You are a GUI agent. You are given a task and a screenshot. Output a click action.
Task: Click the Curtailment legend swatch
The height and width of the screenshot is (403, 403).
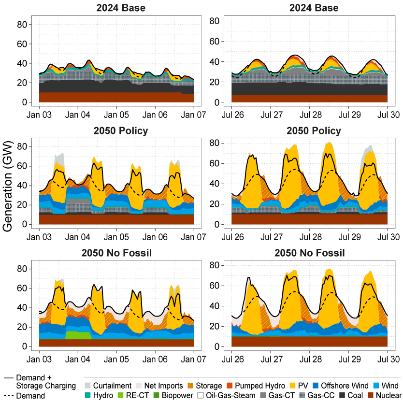pyautogui.click(x=87, y=386)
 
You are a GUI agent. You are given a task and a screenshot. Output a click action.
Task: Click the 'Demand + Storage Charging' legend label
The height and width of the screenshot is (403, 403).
pyautogui.click(x=45, y=381)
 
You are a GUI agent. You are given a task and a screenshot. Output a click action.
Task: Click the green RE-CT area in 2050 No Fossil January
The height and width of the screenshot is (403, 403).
pyautogui.click(x=78, y=335)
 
